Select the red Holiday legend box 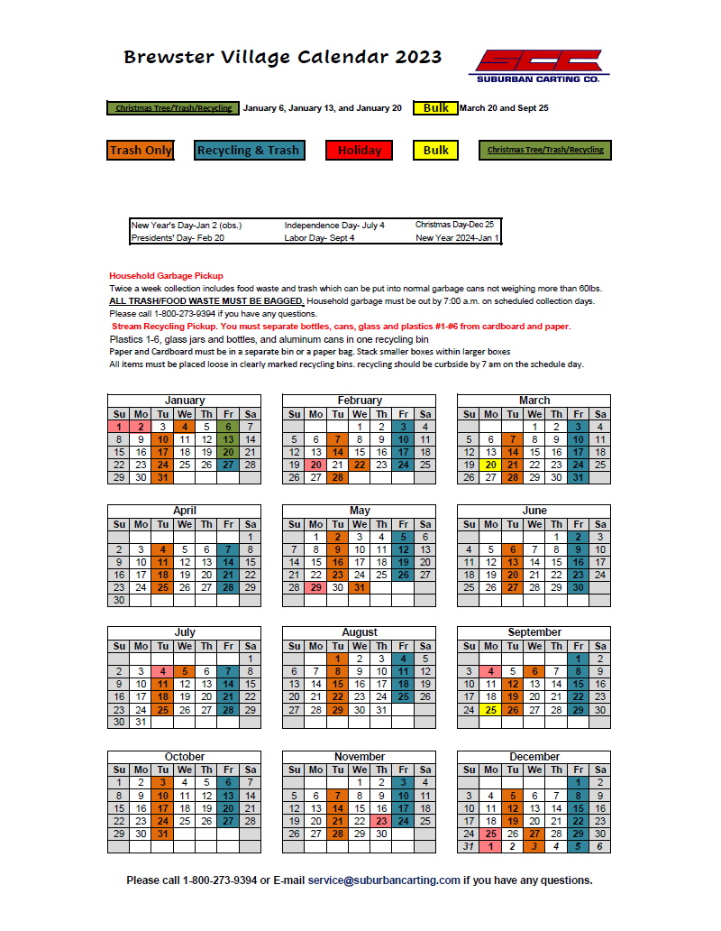coord(360,151)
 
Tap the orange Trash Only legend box coord(140,151)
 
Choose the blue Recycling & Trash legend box coord(248,151)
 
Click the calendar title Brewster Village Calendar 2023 coord(282,58)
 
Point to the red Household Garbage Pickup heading coord(166,275)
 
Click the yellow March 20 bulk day coord(490,465)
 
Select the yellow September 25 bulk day coord(490,710)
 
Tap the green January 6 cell coord(228,427)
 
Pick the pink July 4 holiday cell coord(162,671)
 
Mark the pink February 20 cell coord(315,465)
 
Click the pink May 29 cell coord(315,587)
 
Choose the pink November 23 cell coord(381,821)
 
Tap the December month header coord(534,756)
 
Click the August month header coord(360,632)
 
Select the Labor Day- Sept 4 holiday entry coord(320,238)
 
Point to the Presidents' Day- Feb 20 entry coord(178,238)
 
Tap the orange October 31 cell coord(162,834)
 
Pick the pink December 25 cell coord(490,834)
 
